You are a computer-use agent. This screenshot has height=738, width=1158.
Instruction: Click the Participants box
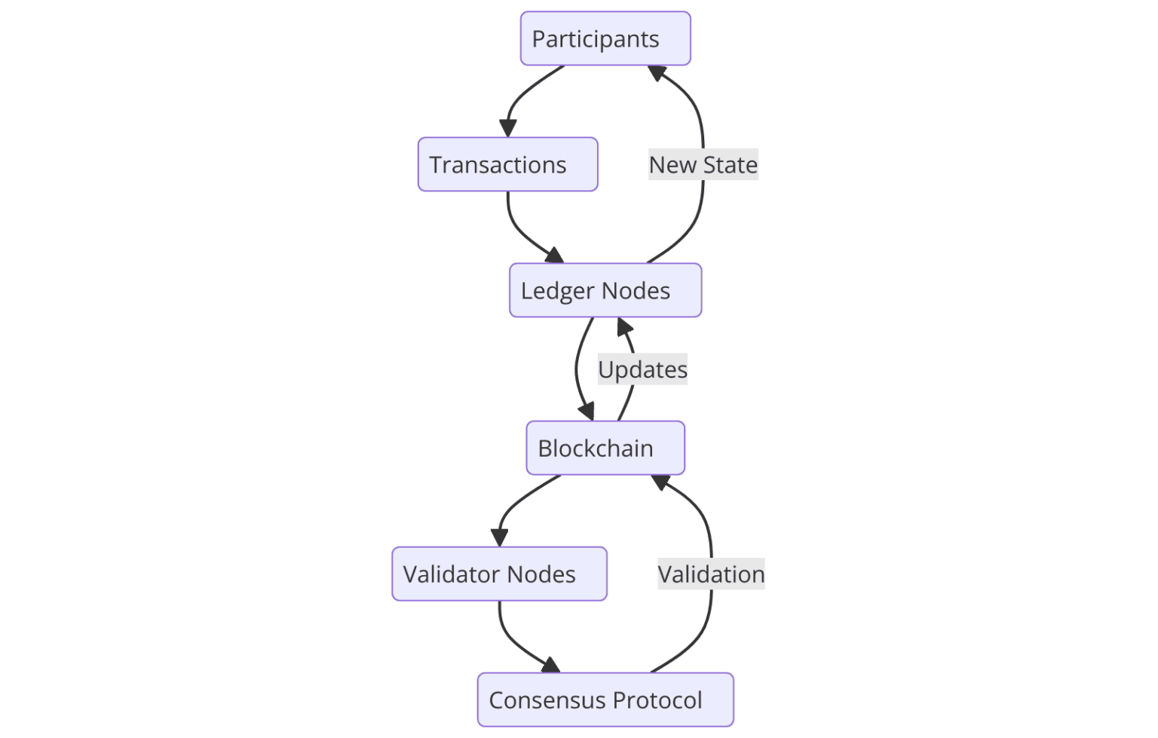(605, 38)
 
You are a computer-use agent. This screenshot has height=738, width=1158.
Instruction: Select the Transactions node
(507, 164)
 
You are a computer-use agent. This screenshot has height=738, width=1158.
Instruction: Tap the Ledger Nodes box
(605, 290)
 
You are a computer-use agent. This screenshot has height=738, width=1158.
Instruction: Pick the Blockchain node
(605, 448)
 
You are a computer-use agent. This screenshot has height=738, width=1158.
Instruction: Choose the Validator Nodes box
(499, 574)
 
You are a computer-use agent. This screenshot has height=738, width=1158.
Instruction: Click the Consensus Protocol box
(605, 700)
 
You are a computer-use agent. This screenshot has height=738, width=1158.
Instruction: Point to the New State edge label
(703, 164)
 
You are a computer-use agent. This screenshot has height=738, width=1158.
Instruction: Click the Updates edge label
(642, 369)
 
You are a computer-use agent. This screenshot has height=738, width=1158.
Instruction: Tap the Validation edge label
(711, 574)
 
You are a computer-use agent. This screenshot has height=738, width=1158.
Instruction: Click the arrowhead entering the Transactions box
(508, 128)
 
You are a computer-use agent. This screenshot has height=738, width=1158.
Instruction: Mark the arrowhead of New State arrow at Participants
(657, 73)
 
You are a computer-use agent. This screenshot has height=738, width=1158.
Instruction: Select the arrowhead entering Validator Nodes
(499, 537)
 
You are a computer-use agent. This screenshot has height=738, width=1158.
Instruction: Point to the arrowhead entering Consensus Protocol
(551, 665)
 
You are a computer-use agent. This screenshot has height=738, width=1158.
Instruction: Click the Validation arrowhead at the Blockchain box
(660, 482)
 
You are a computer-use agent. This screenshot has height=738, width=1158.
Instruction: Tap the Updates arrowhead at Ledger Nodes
(624, 326)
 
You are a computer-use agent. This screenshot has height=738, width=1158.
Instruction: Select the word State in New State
(730, 164)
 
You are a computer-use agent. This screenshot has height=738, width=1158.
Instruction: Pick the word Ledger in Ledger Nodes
(558, 291)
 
